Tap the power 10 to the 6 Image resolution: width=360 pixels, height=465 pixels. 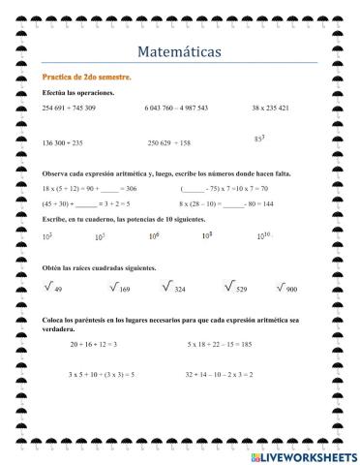click(154, 235)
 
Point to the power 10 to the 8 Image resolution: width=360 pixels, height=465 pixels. click(206, 235)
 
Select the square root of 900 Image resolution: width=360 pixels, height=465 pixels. click(286, 288)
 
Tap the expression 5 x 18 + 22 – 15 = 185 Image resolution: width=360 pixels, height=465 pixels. click(220, 344)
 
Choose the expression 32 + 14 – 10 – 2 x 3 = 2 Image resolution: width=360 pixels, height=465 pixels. click(220, 373)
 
